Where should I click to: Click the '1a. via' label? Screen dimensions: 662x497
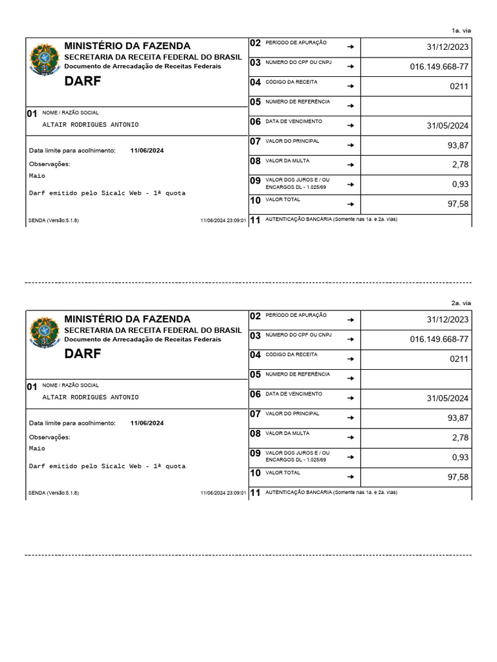(461, 30)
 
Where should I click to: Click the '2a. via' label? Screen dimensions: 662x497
(461, 303)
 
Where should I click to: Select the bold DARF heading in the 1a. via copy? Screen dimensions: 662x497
(83, 81)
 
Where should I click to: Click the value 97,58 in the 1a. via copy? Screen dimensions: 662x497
(458, 204)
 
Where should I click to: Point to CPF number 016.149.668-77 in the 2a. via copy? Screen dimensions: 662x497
(439, 339)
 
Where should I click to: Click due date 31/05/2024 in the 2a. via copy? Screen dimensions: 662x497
(448, 398)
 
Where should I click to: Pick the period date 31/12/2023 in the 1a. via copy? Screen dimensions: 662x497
(448, 47)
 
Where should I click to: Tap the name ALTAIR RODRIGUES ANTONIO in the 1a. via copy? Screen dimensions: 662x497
(90, 125)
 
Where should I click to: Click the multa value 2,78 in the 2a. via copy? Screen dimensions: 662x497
(460, 438)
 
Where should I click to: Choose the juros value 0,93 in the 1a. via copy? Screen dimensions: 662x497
(460, 185)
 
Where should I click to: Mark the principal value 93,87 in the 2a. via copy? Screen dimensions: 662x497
(458, 418)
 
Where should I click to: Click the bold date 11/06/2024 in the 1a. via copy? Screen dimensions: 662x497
(147, 151)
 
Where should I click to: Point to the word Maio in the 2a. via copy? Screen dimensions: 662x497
(38, 448)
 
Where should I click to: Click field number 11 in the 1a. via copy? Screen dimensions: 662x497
(255, 220)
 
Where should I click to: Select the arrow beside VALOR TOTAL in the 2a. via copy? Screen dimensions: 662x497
(350, 477)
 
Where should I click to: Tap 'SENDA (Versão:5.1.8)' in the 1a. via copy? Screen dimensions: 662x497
(54, 220)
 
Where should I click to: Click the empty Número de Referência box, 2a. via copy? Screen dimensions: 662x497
(415, 379)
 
